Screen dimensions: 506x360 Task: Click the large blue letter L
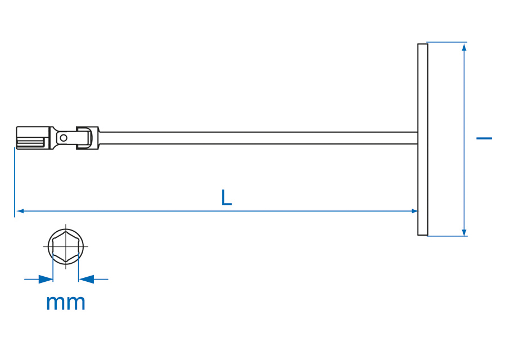227,197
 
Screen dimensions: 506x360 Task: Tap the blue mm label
66,303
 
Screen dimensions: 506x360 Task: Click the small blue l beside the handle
484,138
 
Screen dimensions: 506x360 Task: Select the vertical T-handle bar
423,139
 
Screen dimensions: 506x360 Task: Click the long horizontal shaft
258,138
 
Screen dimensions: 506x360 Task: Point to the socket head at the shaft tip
34,138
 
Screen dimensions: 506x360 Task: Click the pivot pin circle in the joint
64,138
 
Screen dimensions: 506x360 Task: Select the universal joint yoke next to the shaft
88,138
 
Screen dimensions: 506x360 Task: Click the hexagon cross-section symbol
66,246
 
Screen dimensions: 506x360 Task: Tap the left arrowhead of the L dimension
20,211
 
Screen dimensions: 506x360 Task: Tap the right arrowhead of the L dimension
414,211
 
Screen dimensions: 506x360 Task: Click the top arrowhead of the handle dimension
464,47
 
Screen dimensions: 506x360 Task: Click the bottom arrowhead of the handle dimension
464,232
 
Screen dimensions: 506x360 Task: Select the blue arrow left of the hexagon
39,280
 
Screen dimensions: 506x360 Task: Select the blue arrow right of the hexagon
93,280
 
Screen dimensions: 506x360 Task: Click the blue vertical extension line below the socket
15,182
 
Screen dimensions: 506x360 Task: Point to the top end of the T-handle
423,44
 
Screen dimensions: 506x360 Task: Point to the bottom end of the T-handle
423,235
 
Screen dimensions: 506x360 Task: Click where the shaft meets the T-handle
418,138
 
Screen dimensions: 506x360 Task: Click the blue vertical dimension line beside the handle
464,139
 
